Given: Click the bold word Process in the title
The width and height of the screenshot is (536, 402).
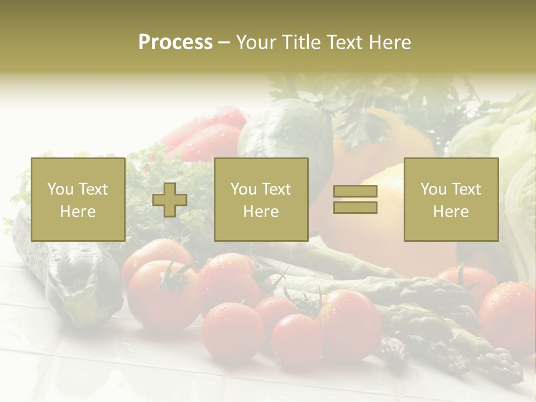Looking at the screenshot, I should [x=175, y=42].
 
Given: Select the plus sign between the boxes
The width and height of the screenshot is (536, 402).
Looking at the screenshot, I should [x=170, y=199].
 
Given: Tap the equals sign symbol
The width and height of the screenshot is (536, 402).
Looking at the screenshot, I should [x=355, y=199].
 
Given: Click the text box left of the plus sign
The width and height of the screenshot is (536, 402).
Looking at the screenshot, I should [x=78, y=199].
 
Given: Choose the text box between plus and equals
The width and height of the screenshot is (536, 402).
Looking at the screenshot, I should [x=261, y=199].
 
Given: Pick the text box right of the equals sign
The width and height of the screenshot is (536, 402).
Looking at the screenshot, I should [x=451, y=199].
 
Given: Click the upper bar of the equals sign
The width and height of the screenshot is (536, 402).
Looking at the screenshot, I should [x=355, y=192].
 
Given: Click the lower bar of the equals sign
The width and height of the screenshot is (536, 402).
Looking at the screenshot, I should [x=355, y=207].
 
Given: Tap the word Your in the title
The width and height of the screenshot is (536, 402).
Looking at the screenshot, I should [x=256, y=42].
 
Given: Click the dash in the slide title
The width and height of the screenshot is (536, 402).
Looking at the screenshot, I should [x=224, y=42].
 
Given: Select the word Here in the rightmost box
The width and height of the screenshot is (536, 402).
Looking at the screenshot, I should [x=451, y=212].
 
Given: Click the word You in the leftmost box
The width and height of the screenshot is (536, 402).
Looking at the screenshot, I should [x=59, y=189].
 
